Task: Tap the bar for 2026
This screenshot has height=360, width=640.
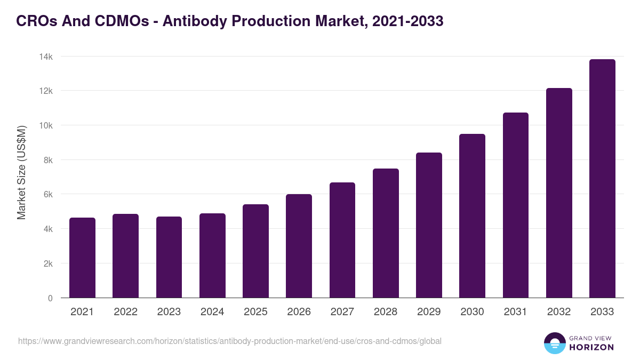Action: point(299,246)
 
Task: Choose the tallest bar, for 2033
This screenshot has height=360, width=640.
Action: point(602,179)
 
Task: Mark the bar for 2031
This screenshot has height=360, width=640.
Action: point(515,205)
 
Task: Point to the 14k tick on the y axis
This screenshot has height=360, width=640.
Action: point(46,57)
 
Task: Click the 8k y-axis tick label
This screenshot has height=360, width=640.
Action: point(48,160)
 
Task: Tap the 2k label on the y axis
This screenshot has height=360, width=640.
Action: point(48,263)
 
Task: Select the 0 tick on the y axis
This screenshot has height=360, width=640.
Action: point(50,298)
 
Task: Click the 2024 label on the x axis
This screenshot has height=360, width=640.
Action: point(212,312)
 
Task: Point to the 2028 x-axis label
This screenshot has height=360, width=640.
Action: point(386,312)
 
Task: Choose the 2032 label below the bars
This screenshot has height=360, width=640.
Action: point(559,312)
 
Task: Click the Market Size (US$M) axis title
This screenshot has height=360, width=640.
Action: point(21,172)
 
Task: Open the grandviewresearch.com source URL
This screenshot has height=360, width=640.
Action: point(230,341)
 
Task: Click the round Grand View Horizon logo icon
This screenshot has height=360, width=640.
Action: point(555,343)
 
